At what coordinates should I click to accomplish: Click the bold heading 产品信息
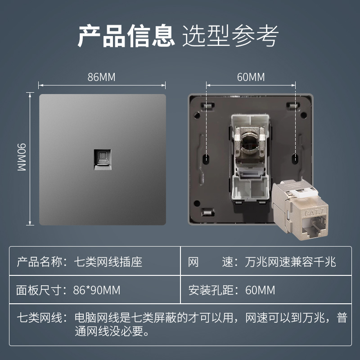[x=126, y=36]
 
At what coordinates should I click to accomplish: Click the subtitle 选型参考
[x=230, y=36]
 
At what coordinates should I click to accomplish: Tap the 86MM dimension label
[x=102, y=77]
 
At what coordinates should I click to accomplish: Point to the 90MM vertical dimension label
[x=22, y=157]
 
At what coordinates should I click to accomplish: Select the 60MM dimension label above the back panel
[x=251, y=77]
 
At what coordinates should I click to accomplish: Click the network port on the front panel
[x=103, y=160]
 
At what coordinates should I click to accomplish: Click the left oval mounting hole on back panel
[x=206, y=158]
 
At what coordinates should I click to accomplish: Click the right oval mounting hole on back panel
[x=295, y=158]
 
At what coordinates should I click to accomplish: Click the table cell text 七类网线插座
[x=108, y=262]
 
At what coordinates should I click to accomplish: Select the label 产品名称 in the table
[x=39, y=262]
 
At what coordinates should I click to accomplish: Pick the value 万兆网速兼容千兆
[x=290, y=262]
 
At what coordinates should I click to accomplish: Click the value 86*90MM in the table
[x=97, y=290]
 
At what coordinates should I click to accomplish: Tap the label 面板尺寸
[x=39, y=290]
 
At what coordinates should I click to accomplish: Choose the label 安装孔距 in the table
[x=211, y=290]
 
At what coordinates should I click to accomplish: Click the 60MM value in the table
[x=260, y=290]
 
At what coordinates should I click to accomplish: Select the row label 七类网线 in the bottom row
[x=40, y=318]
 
